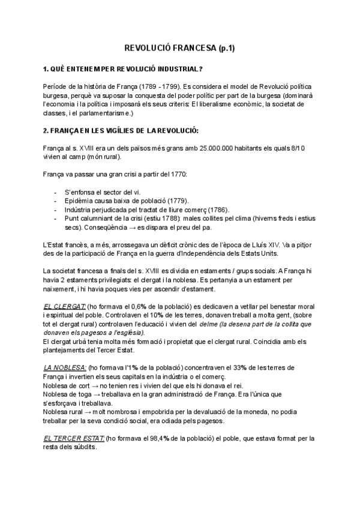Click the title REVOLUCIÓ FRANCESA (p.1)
(x=180, y=48)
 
